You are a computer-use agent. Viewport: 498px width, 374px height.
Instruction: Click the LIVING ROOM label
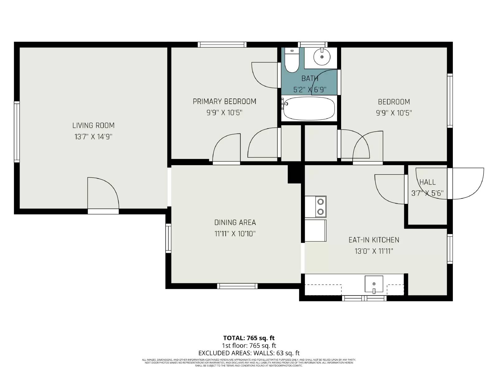coord(93,125)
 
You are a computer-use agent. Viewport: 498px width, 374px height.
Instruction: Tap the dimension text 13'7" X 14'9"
coord(93,137)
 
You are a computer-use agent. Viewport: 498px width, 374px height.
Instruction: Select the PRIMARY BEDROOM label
coord(224,101)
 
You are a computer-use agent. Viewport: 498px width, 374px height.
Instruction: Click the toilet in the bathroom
coord(292,61)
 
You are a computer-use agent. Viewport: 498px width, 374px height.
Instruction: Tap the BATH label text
coord(310,79)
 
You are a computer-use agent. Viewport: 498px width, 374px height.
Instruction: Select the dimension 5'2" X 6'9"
coord(310,90)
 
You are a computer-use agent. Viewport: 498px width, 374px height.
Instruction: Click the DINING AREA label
coord(235,222)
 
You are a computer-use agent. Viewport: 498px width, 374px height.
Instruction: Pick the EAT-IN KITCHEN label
coord(374,240)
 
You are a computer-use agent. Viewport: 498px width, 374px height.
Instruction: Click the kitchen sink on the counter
coord(374,284)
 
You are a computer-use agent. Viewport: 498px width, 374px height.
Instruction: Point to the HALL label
coord(427,182)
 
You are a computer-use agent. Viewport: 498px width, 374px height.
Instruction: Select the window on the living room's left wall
coord(17,132)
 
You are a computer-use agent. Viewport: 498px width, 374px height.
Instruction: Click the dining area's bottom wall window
coord(237,286)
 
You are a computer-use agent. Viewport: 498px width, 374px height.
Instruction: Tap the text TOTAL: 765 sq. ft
coord(249,338)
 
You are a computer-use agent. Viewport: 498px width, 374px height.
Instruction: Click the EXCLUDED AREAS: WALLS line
coord(249,353)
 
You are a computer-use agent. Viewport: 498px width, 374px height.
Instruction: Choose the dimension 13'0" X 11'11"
coord(374,251)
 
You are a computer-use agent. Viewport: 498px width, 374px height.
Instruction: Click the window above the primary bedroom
coord(222,45)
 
